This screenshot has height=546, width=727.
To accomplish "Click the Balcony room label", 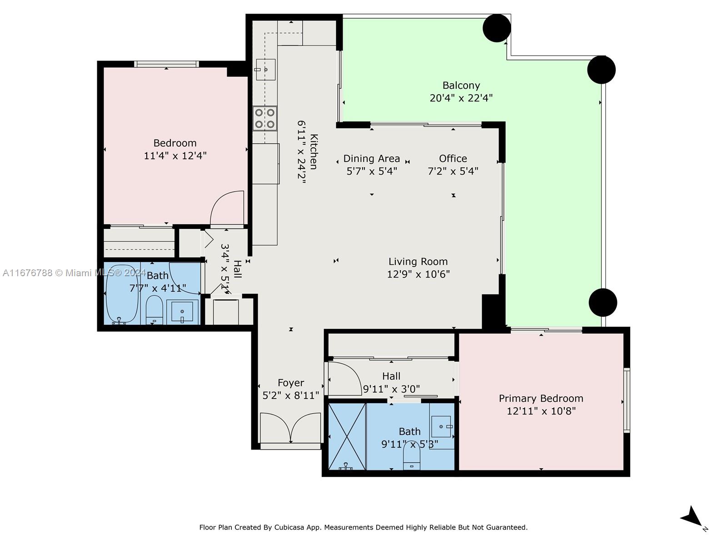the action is (x=461, y=86).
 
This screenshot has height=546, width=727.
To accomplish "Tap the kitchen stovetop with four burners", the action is (x=264, y=118).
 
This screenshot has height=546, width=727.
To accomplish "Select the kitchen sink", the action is (x=265, y=70).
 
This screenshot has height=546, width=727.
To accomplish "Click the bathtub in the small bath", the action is (x=122, y=294).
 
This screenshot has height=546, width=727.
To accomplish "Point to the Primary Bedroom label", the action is (x=541, y=398).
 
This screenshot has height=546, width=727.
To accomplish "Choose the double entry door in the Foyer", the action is (x=290, y=427).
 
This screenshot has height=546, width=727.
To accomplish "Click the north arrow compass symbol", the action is (x=693, y=518).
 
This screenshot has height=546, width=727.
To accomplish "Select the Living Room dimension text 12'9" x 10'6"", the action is (x=418, y=274).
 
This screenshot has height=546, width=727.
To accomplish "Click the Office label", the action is (x=453, y=158).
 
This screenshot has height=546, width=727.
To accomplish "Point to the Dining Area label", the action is (x=372, y=158).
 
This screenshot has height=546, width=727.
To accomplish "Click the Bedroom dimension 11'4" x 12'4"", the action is (x=175, y=156).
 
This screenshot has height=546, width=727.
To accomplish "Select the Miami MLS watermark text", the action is (x=74, y=273).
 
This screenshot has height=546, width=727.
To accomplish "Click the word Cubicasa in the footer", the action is (x=289, y=527).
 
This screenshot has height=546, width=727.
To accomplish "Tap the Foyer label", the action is (x=291, y=383).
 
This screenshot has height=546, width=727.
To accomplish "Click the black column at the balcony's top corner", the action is (x=497, y=28).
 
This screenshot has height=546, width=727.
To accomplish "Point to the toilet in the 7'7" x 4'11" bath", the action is (x=154, y=310).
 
